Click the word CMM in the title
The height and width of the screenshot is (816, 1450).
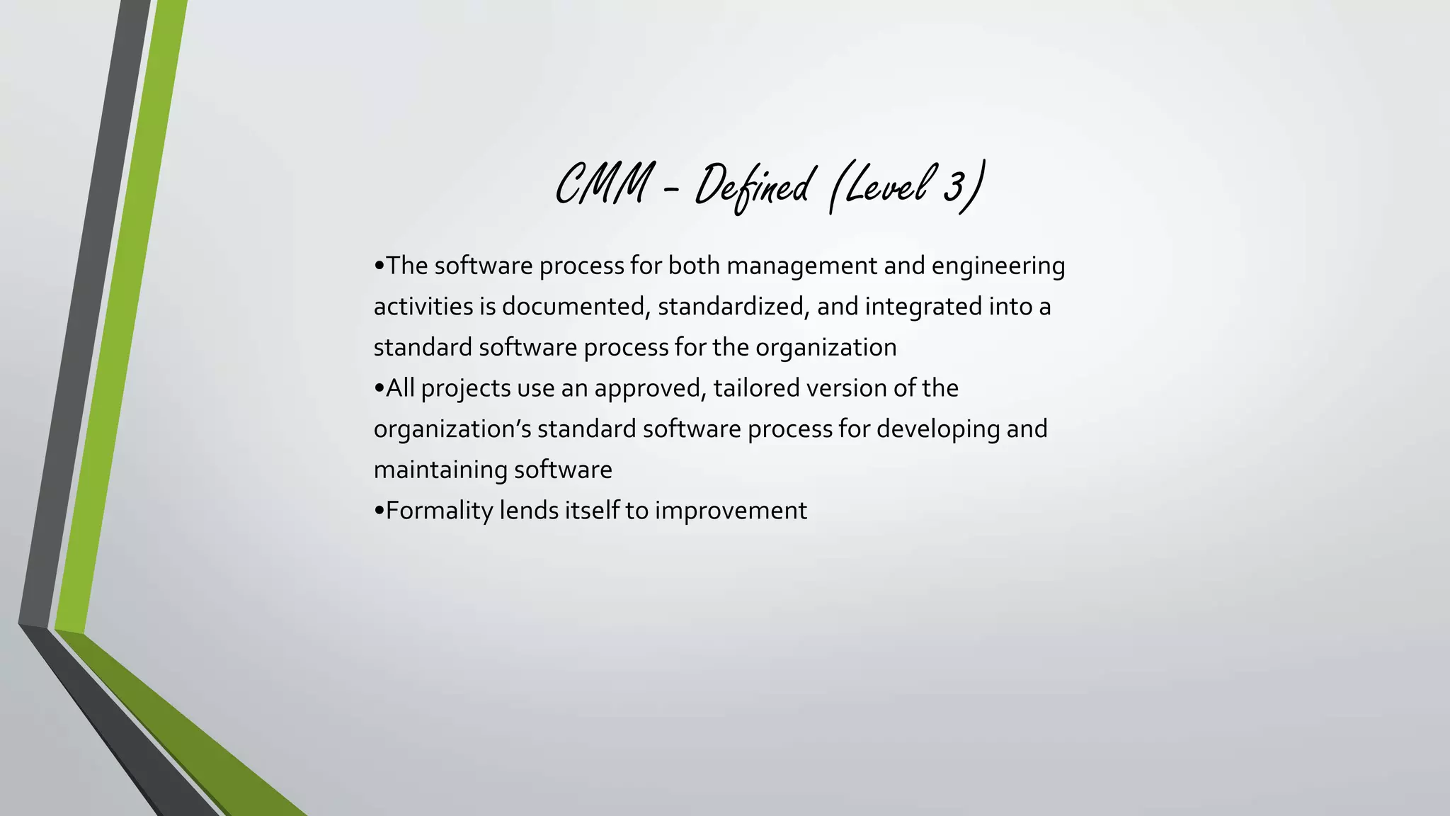pos(602,184)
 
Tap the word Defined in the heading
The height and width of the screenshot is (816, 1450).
pos(752,186)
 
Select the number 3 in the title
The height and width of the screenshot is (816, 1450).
pos(954,186)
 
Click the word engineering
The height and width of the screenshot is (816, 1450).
pos(998,267)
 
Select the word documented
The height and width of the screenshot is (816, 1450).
pos(576,307)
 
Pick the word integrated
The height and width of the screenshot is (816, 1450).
pos(923,307)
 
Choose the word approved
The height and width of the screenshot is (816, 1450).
pos(650,389)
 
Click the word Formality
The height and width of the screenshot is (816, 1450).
pos(439,511)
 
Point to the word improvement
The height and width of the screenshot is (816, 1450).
pos(730,511)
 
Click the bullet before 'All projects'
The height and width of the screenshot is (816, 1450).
pos(379,389)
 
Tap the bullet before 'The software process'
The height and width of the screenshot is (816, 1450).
pos(379,266)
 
